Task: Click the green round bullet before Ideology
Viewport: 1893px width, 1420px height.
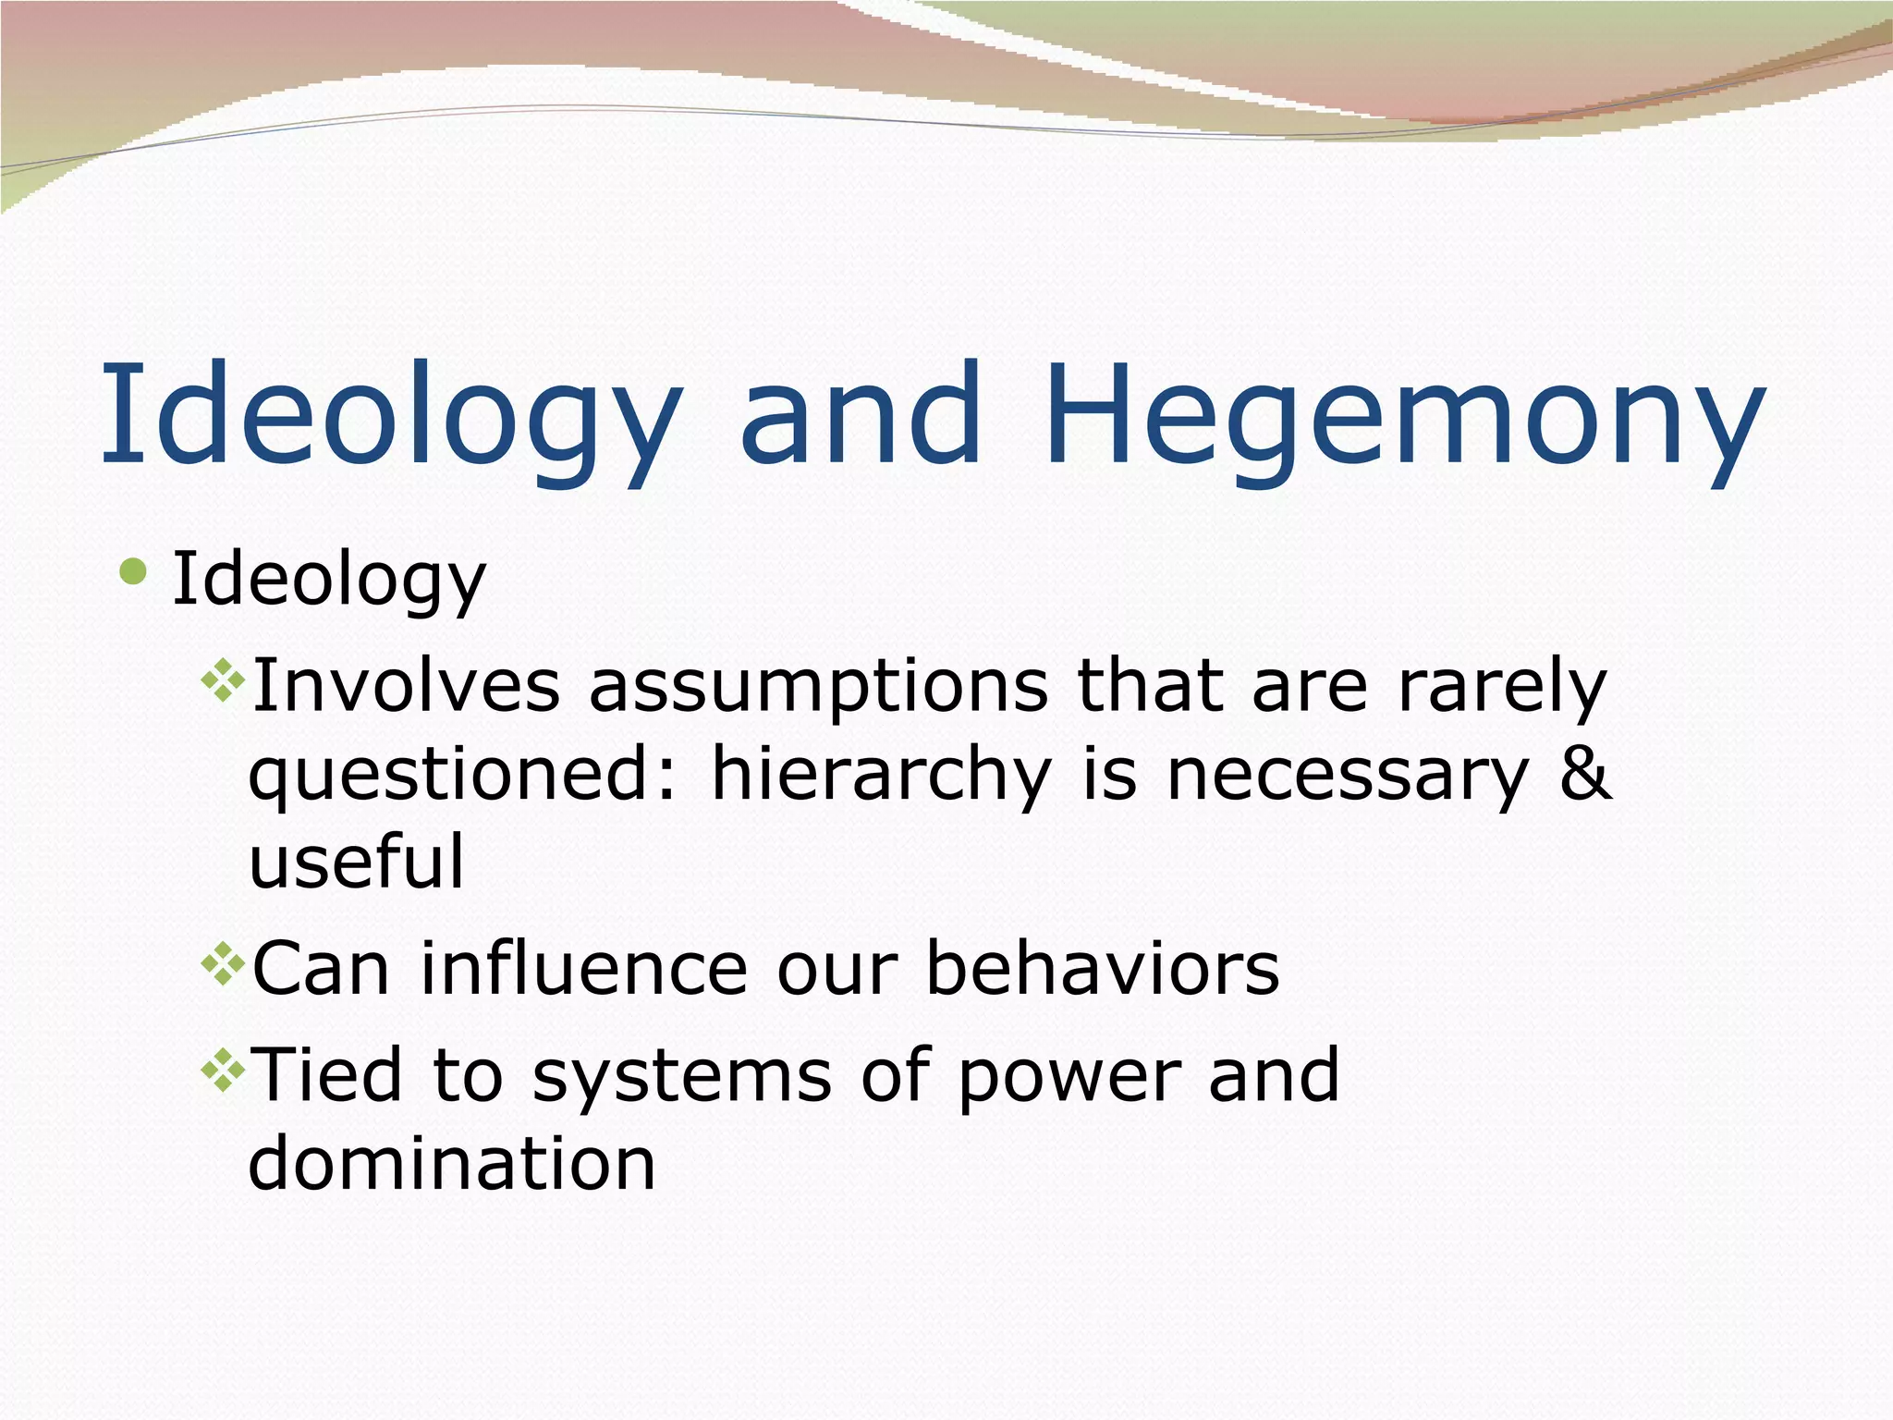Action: pos(133,571)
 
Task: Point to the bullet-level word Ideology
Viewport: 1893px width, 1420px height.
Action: pos(329,581)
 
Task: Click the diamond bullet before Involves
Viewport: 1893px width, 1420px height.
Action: pos(223,680)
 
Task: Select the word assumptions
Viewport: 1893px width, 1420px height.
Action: pos(818,686)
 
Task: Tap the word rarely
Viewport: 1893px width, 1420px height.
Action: pos(1503,686)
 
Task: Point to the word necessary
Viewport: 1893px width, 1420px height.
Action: pos(1348,775)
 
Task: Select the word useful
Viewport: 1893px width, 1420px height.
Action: pos(357,862)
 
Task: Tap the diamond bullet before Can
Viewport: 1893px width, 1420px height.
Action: pos(223,965)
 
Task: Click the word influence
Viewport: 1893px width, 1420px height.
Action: pos(583,969)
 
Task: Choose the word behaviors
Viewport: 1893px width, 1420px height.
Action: pos(1103,969)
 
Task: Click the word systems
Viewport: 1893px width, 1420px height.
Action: pos(682,1076)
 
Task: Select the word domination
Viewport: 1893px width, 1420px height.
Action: pos(452,1163)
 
